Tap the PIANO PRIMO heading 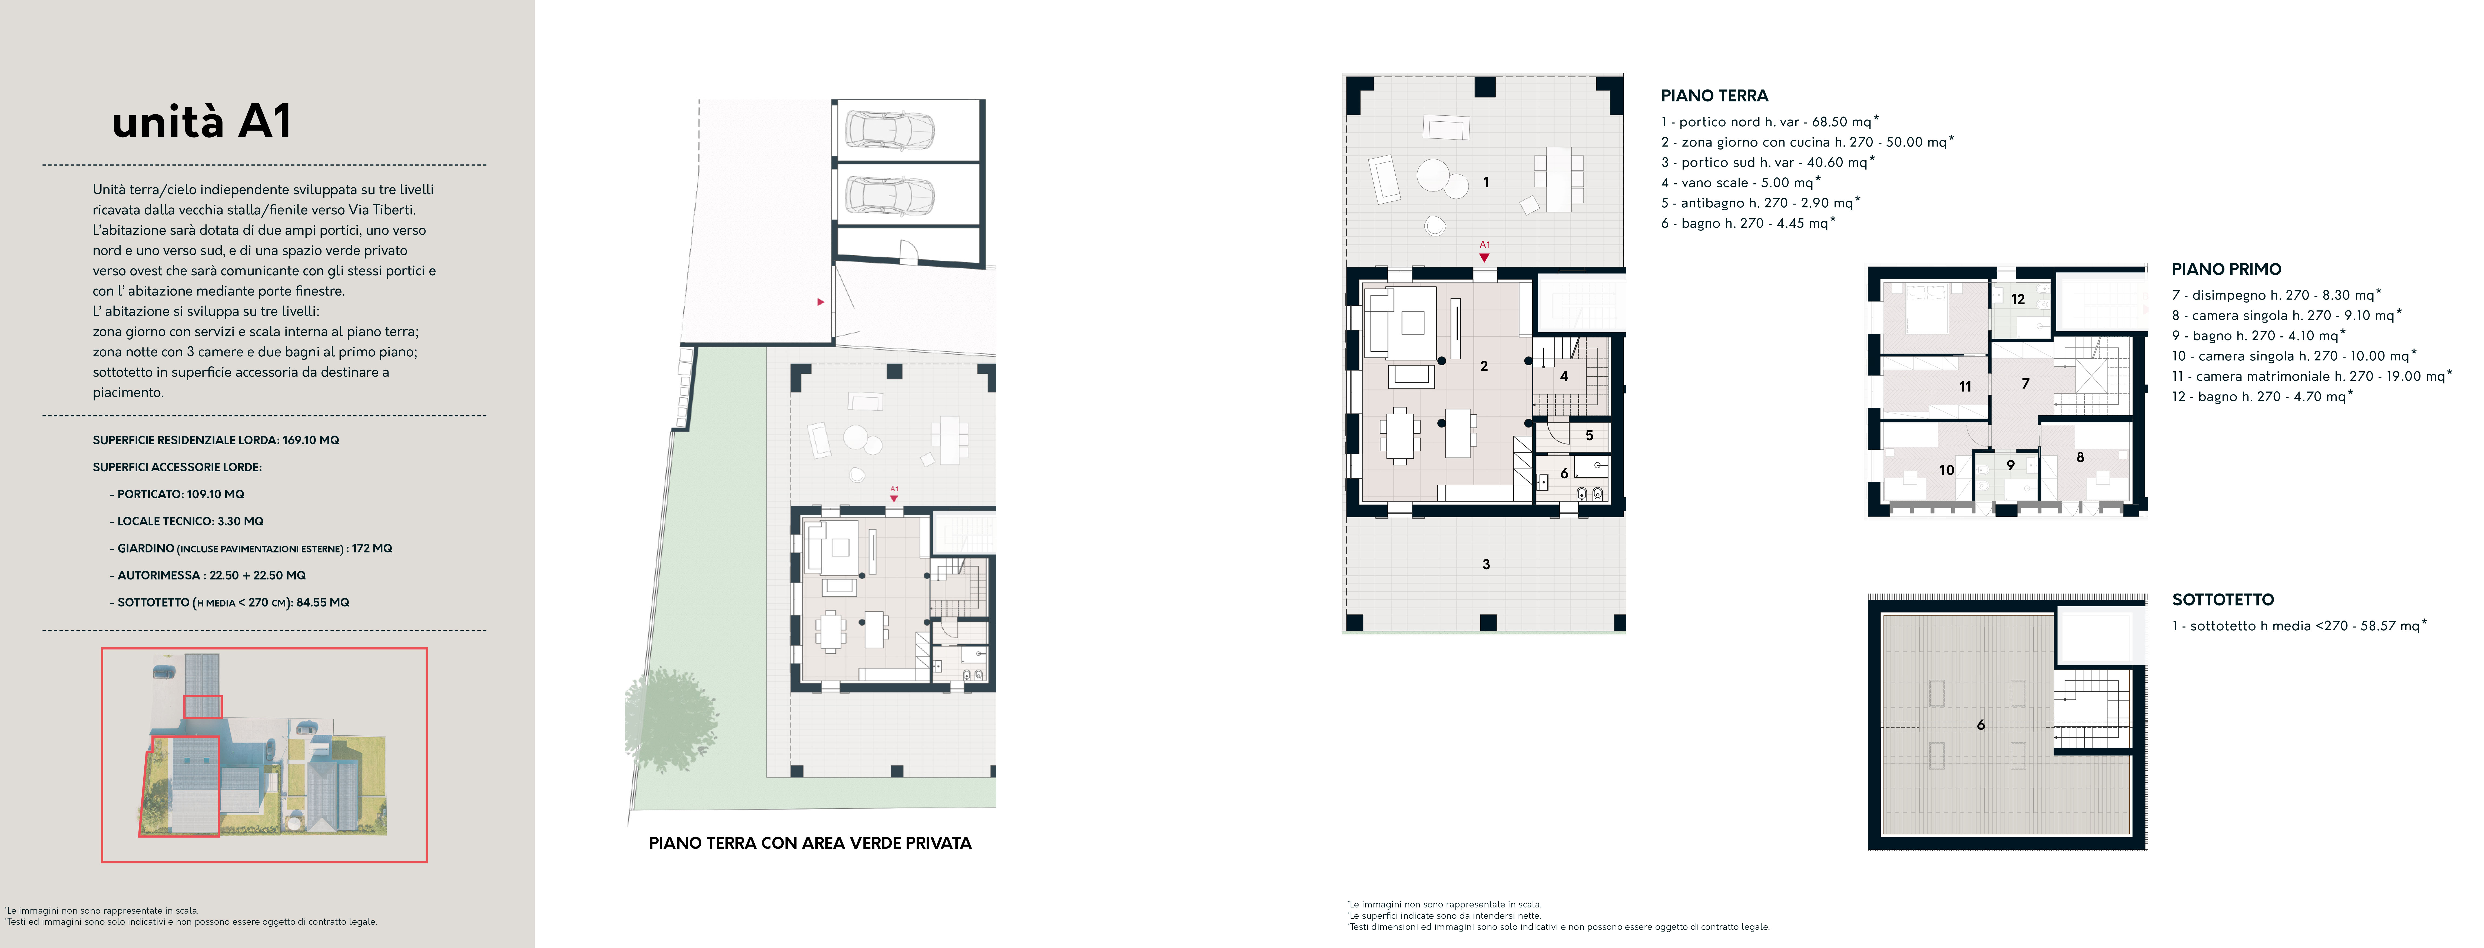(x=2226, y=269)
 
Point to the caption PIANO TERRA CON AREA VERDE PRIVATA (x=810, y=843)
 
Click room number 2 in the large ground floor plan (x=1484, y=366)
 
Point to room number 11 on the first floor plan (x=1965, y=387)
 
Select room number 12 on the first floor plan (x=2017, y=299)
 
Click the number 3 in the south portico (x=1486, y=564)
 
